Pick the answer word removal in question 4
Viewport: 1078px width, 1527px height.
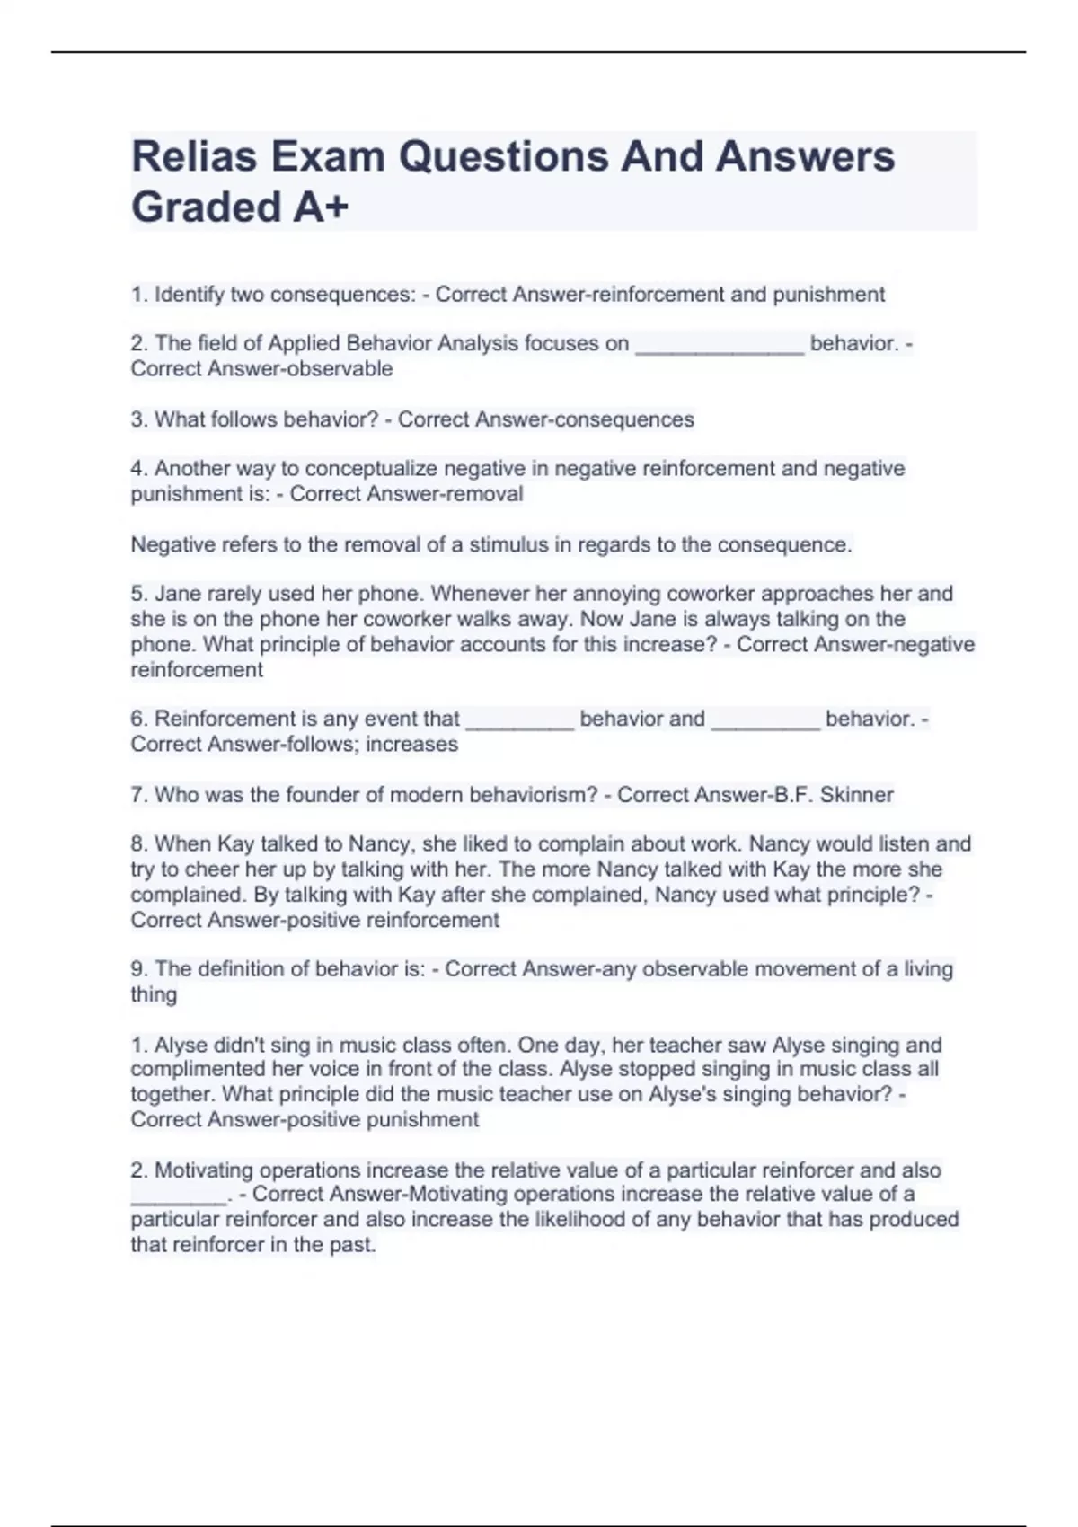click(x=484, y=494)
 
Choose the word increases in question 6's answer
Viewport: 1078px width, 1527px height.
click(x=417, y=745)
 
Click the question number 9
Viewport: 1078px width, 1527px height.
click(x=137, y=969)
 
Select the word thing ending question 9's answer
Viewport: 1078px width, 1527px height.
click(x=154, y=994)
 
